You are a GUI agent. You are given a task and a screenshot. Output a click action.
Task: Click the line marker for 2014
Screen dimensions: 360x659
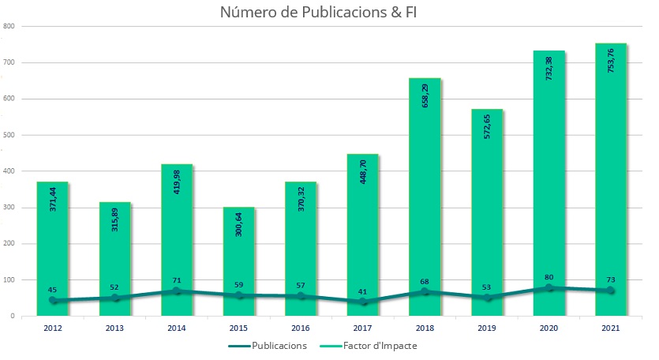click(x=177, y=291)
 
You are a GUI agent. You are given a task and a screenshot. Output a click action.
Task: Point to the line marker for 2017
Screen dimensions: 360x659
click(x=363, y=302)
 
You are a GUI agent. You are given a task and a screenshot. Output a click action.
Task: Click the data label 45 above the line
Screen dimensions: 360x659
click(x=53, y=289)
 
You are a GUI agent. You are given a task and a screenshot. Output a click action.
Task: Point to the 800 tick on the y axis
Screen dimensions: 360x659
click(x=9, y=26)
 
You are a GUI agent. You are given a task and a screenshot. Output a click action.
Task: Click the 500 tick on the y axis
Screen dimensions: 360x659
click(x=9, y=135)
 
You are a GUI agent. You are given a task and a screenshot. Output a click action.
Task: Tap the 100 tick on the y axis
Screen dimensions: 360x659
click(x=9, y=279)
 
